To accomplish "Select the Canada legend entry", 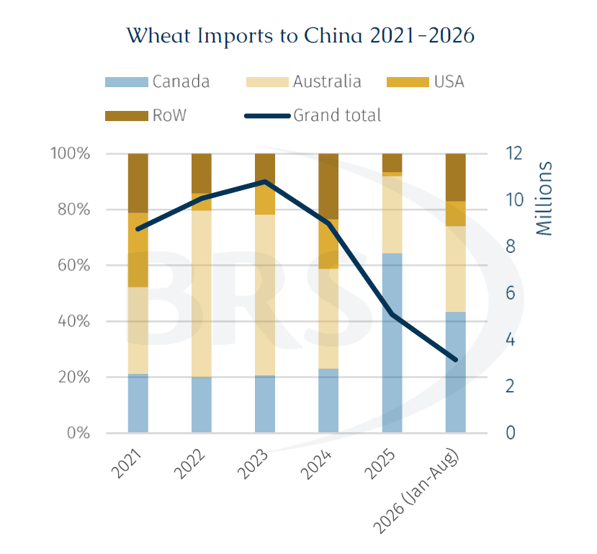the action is coord(157,82).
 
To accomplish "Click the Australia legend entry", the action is coord(303,82).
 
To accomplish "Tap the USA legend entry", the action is coord(426,82).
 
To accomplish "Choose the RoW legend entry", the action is coord(145,115).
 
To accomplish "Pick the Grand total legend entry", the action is coord(313,115).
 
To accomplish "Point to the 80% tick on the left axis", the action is coord(74,210).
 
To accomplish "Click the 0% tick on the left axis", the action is coord(78,433).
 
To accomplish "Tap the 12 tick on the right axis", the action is coord(513,153).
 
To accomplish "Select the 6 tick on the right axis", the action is coord(510,293).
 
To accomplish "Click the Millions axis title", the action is coord(544,198).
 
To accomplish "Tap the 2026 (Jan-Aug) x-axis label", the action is coord(416,491).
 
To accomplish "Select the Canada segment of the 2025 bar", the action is coord(392,343).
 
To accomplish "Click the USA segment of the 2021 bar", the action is coord(138,250).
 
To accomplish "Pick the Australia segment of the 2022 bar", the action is coord(202,293).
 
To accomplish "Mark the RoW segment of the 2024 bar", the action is coord(328,187).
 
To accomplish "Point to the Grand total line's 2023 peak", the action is coord(266,182).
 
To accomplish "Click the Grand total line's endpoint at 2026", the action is coord(455,359).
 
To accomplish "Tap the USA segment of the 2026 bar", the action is coord(456,214).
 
